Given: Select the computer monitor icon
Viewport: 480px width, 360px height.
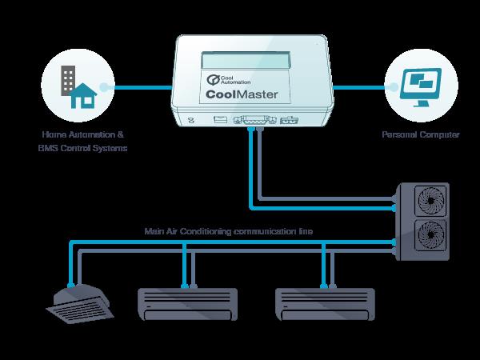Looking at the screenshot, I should click(419, 82).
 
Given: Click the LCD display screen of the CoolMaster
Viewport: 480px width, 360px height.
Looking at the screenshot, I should click(248, 59).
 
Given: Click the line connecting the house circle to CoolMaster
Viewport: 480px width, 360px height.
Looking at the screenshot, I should click(145, 86).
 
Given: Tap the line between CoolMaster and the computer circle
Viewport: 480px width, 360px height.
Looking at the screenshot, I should click(361, 86).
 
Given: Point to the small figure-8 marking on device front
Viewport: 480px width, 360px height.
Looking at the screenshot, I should click(190, 122).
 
